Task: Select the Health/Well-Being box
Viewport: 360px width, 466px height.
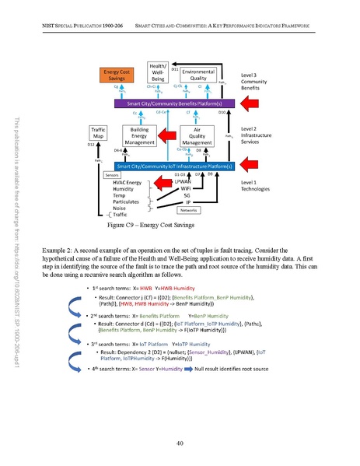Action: [159, 72]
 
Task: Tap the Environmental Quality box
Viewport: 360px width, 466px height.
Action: [197, 75]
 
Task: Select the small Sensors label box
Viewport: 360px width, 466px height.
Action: [113, 176]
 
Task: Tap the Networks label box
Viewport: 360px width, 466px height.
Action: [190, 210]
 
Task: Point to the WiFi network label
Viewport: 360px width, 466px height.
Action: [186, 189]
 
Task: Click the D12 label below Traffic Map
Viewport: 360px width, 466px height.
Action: [91, 145]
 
